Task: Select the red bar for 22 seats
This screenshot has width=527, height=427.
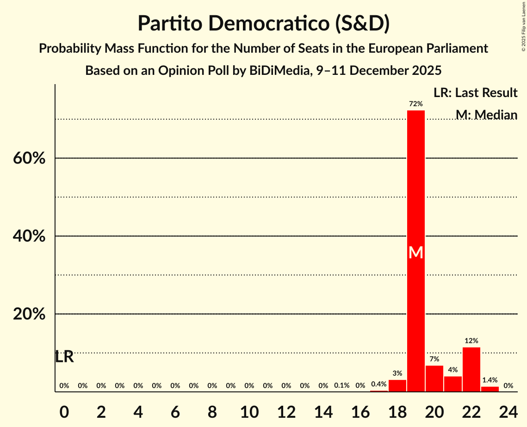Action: tap(471, 369)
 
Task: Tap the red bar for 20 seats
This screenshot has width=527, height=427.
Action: tap(434, 378)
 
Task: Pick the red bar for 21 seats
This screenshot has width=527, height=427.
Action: tap(453, 384)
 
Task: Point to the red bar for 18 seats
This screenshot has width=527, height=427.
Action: tap(397, 385)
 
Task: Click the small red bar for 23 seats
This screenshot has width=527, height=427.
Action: tap(490, 389)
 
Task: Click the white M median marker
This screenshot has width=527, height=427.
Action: tap(415, 252)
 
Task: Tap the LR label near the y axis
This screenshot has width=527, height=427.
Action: tap(64, 357)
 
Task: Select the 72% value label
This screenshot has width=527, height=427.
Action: tap(415, 104)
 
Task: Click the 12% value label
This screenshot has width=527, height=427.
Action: tap(471, 341)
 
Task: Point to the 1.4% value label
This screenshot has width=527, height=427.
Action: tap(490, 380)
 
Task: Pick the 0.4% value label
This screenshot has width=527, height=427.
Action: tap(378, 384)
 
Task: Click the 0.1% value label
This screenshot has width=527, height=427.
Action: tap(341, 385)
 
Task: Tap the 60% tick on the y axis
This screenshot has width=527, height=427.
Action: tap(29, 159)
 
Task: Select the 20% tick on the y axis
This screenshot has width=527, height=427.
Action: tap(29, 314)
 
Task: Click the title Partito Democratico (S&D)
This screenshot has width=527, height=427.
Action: tap(263, 23)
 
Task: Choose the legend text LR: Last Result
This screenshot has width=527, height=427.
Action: tap(475, 93)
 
